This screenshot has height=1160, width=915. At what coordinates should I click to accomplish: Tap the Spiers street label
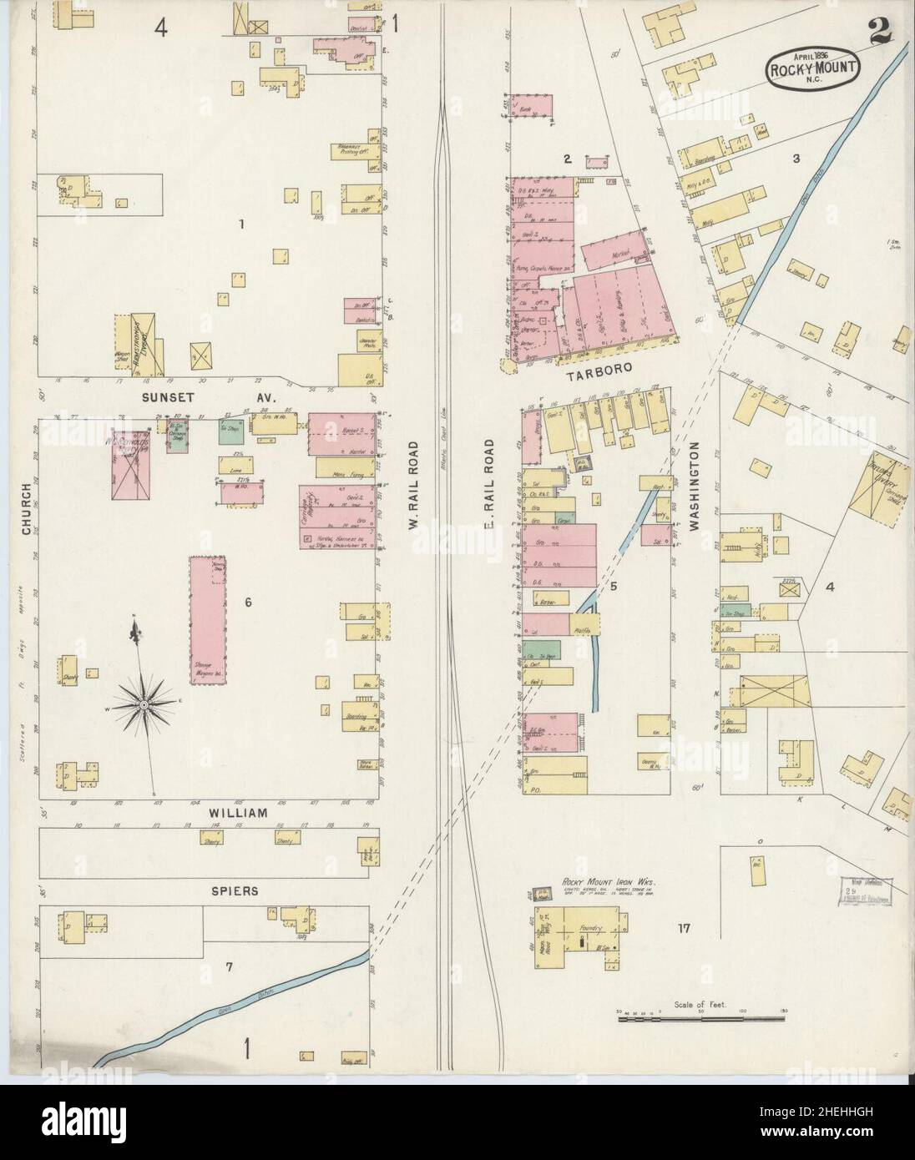(235, 890)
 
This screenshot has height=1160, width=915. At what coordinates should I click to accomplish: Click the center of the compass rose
(144, 705)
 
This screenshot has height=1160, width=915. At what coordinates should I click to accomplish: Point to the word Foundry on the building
(577, 927)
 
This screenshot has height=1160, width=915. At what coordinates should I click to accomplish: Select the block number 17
(684, 927)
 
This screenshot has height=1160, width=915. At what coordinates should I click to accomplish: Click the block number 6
(248, 602)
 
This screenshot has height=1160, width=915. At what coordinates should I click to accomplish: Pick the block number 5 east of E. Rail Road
(614, 587)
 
